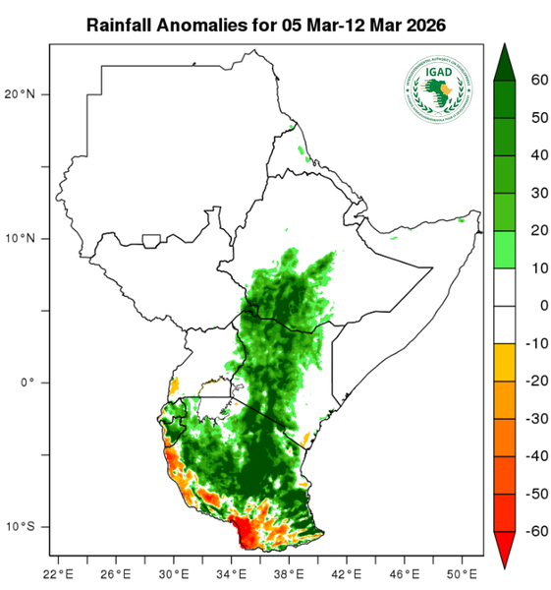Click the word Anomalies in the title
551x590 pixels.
click(200, 22)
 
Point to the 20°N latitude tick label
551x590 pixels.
click(20, 94)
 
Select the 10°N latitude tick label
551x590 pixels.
click(20, 238)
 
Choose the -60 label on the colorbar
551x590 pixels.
click(535, 531)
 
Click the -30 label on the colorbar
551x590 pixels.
click(535, 419)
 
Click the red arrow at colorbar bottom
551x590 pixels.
click(504, 550)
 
